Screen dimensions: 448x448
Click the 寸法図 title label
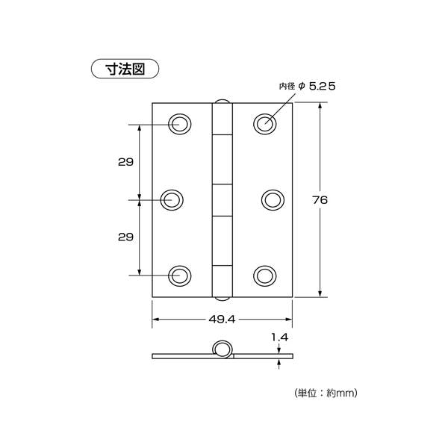(125, 69)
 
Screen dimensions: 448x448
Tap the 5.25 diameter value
(323, 87)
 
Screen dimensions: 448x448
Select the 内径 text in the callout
(287, 86)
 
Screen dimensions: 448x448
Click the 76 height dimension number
(320, 200)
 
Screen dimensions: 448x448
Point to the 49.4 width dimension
(222, 319)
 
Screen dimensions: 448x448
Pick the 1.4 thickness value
(280, 337)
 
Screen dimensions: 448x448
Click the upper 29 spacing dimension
(125, 162)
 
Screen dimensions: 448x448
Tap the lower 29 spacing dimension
(125, 237)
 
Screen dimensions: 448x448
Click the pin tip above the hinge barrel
(222, 101)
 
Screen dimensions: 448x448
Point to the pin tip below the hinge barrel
(222, 299)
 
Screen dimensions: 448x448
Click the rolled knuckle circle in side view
(214, 349)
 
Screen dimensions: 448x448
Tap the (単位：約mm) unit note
(326, 393)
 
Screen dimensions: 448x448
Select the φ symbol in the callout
(302, 86)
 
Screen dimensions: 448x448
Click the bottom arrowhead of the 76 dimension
(320, 293)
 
